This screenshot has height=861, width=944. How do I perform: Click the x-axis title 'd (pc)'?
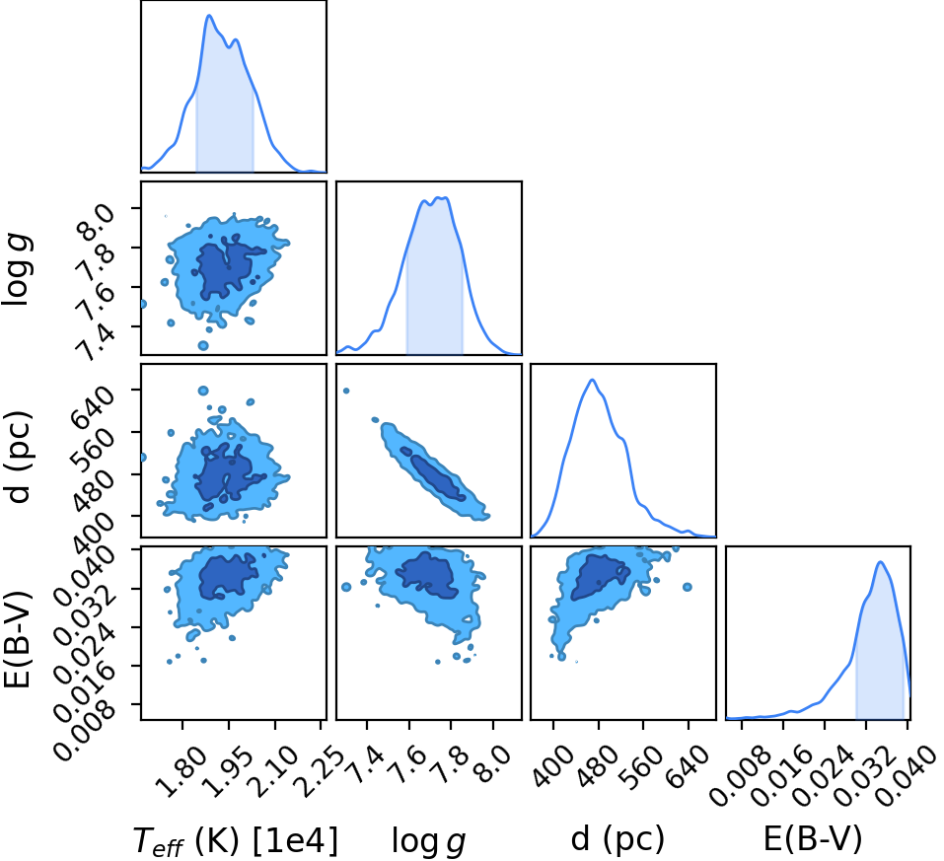coord(617,838)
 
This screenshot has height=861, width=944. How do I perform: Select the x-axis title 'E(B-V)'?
coord(813,838)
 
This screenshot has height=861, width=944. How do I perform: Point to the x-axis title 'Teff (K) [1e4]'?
coord(236,839)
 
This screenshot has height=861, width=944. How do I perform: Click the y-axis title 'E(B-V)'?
coord(18,637)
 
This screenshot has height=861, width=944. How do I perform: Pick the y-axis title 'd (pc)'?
coord(18,457)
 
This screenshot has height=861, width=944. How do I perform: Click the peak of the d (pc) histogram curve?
coord(593,380)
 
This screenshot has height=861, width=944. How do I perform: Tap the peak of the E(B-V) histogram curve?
coord(880,562)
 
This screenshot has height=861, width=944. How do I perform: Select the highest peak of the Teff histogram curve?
coord(209,15)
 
